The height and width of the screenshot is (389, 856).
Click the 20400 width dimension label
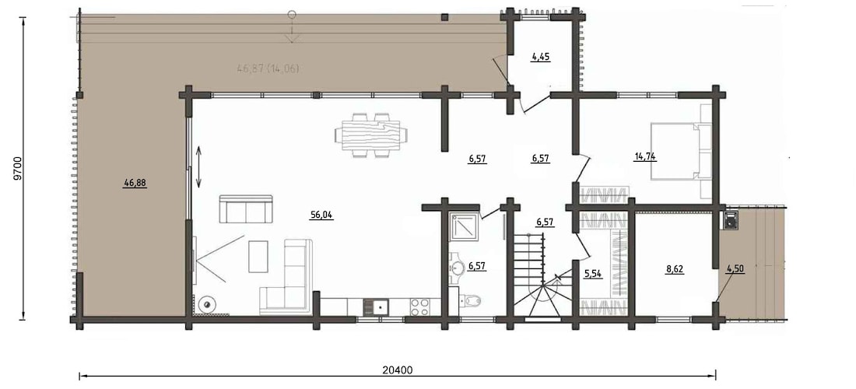(397, 370)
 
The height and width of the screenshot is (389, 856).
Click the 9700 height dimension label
(17, 169)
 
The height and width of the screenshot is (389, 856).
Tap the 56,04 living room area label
(321, 215)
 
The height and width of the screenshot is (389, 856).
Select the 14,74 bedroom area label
(645, 156)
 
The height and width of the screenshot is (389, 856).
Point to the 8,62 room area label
(675, 269)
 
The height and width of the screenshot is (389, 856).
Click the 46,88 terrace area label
(135, 184)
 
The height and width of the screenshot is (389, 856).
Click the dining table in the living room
(371, 135)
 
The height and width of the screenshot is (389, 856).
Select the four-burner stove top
(419, 307)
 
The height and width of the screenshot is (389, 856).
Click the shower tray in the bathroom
(465, 226)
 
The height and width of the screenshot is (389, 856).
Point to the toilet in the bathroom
(470, 300)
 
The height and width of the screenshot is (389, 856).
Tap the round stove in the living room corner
(207, 304)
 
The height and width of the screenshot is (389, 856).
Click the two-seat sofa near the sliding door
(246, 209)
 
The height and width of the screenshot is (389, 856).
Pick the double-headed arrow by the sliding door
(198, 167)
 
